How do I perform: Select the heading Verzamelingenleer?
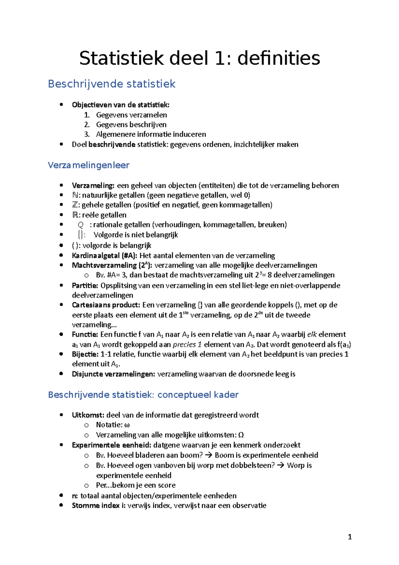[88, 165]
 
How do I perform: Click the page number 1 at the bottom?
[349, 537]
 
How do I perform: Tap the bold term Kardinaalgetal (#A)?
[104, 256]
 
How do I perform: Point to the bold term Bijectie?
[85, 354]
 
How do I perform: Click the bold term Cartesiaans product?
[106, 305]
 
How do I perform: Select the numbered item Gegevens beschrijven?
[131, 124]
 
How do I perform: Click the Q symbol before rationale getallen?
[80, 225]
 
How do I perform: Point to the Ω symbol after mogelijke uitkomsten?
[241, 435]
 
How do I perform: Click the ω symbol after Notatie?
[127, 425]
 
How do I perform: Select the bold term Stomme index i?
[99, 505]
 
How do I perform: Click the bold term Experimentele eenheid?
[111, 445]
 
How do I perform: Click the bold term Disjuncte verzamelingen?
[113, 374]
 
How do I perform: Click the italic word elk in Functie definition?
[312, 334]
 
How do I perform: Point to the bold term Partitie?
[85, 285]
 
